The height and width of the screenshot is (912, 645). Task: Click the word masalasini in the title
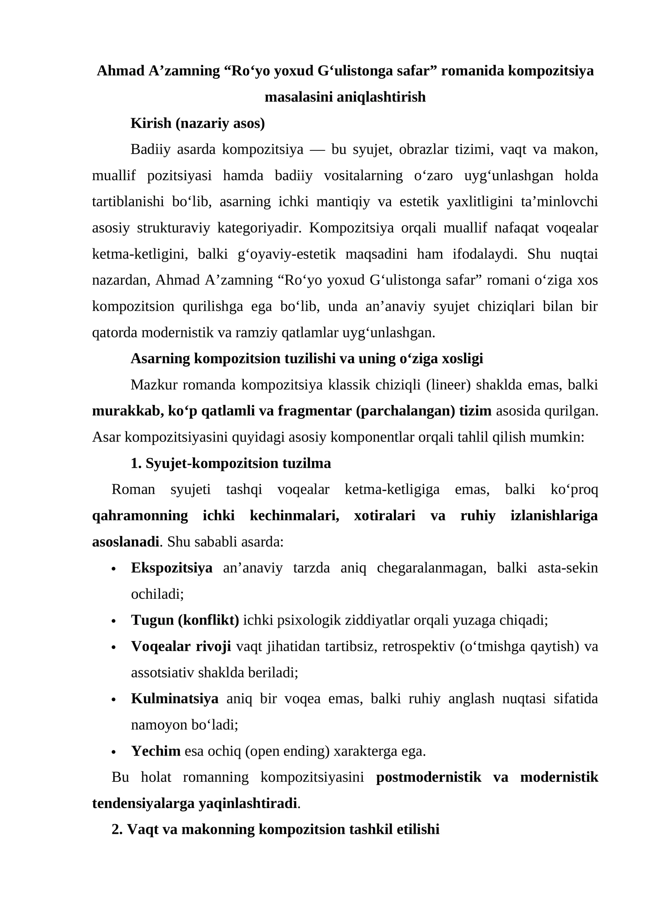coord(298,97)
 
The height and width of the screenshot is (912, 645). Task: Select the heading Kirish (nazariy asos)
coord(198,123)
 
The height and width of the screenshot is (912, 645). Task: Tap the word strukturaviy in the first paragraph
coord(173,228)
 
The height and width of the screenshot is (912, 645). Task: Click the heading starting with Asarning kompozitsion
coord(306,358)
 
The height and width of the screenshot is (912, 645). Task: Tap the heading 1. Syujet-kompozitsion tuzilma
coord(231,464)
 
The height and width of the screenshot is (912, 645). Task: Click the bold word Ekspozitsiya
coord(172,568)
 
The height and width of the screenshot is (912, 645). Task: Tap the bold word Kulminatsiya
coord(175,699)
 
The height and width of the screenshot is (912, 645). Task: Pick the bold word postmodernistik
coord(429,777)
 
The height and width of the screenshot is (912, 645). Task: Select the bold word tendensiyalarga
coord(143,804)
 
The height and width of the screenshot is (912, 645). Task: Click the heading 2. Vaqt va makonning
coord(275,830)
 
